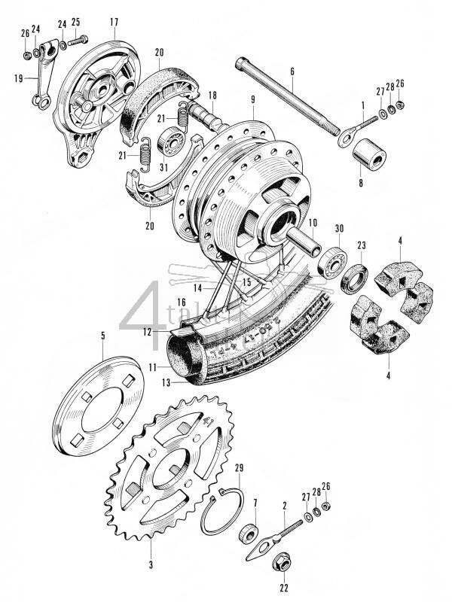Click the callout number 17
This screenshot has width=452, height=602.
[x=114, y=23]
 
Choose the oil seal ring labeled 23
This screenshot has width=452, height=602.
[x=355, y=278]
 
